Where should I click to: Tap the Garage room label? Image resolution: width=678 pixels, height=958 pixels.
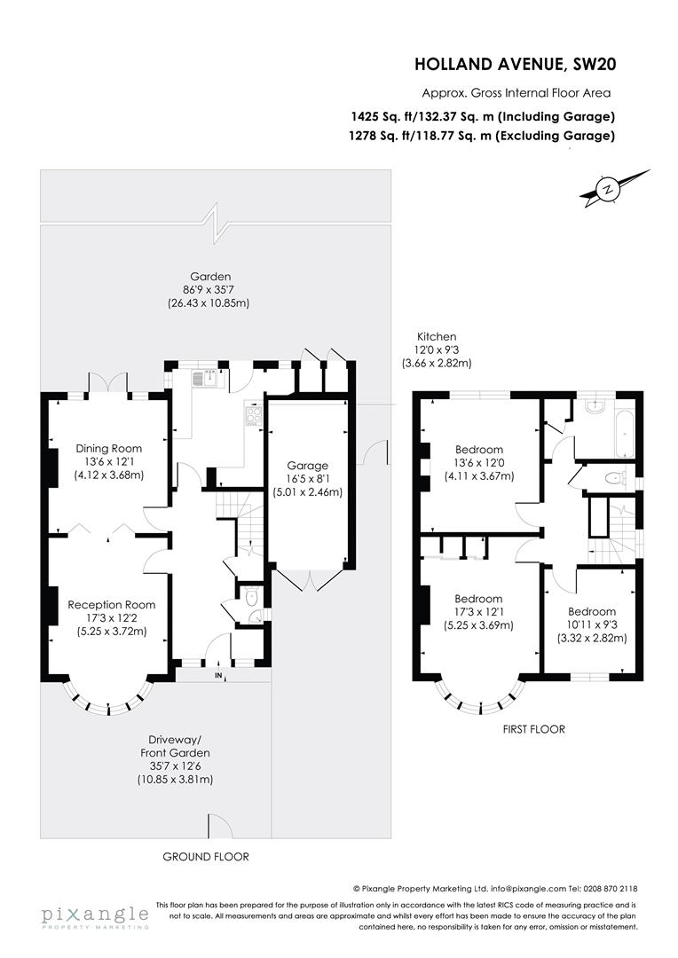308,478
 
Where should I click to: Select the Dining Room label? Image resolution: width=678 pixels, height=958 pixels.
109,461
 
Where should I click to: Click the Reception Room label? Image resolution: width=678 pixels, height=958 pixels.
111,617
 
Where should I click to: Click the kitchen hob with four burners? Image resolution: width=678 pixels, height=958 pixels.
253,416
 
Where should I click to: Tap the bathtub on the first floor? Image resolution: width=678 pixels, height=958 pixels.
625,433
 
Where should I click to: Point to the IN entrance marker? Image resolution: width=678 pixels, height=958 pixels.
219,675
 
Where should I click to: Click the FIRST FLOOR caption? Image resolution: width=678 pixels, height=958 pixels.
533,729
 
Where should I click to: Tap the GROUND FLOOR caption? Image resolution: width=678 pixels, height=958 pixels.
206,857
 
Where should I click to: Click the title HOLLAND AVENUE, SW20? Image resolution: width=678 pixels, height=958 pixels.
516,64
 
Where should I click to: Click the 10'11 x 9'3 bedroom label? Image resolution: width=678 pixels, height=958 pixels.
592,624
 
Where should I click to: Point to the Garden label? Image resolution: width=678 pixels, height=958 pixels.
209,289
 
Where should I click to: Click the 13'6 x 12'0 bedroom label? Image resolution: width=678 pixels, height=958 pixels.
478,463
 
